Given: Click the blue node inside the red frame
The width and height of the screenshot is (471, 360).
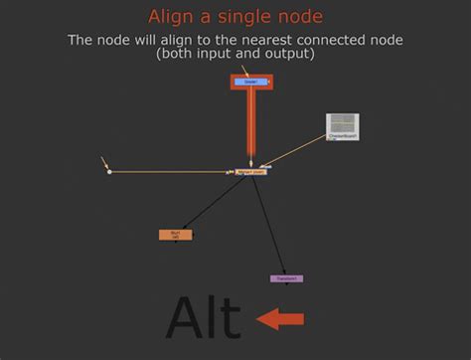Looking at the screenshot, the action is coord(250,82).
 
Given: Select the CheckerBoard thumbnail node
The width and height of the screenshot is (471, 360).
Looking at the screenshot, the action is coord(343,126).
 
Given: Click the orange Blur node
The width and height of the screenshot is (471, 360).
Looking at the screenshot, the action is coord(176,235).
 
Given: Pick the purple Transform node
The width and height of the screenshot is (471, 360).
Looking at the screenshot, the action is coord(286,278).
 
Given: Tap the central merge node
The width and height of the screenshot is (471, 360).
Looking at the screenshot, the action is coord(251,172).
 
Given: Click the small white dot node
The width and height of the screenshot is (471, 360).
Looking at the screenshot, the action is coord(109,172).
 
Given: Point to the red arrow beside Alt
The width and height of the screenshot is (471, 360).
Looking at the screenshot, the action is coord(280,319).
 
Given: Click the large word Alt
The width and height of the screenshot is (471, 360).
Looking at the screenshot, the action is coord(203,318).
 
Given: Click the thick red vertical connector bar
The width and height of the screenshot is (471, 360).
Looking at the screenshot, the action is coord(251,124).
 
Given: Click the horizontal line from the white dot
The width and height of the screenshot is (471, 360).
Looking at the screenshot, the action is coord(174,172).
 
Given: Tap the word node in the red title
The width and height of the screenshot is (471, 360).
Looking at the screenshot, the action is coord(299,17).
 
